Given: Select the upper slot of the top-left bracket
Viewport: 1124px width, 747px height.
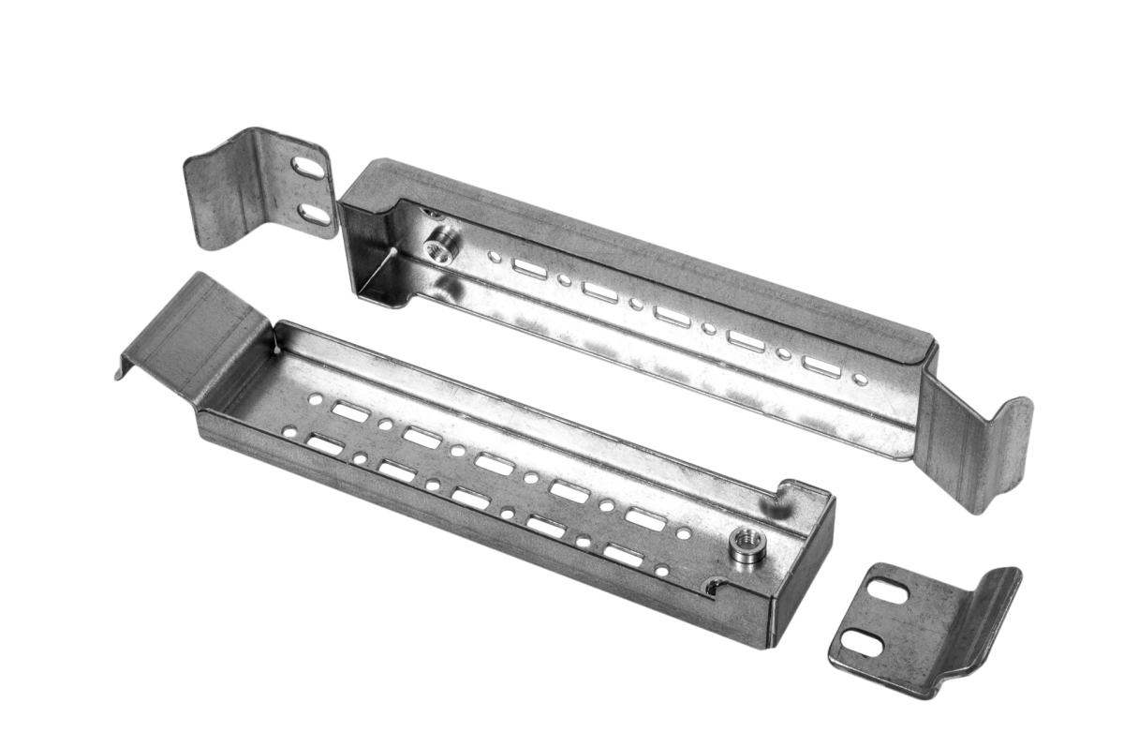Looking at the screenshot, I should coord(308,172).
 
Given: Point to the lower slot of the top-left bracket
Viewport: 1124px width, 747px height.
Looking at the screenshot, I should coord(315,214).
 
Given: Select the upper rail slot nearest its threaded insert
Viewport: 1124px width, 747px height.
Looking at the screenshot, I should coord(529,269).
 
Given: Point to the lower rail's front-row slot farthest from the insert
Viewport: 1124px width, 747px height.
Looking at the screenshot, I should coord(325,442).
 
